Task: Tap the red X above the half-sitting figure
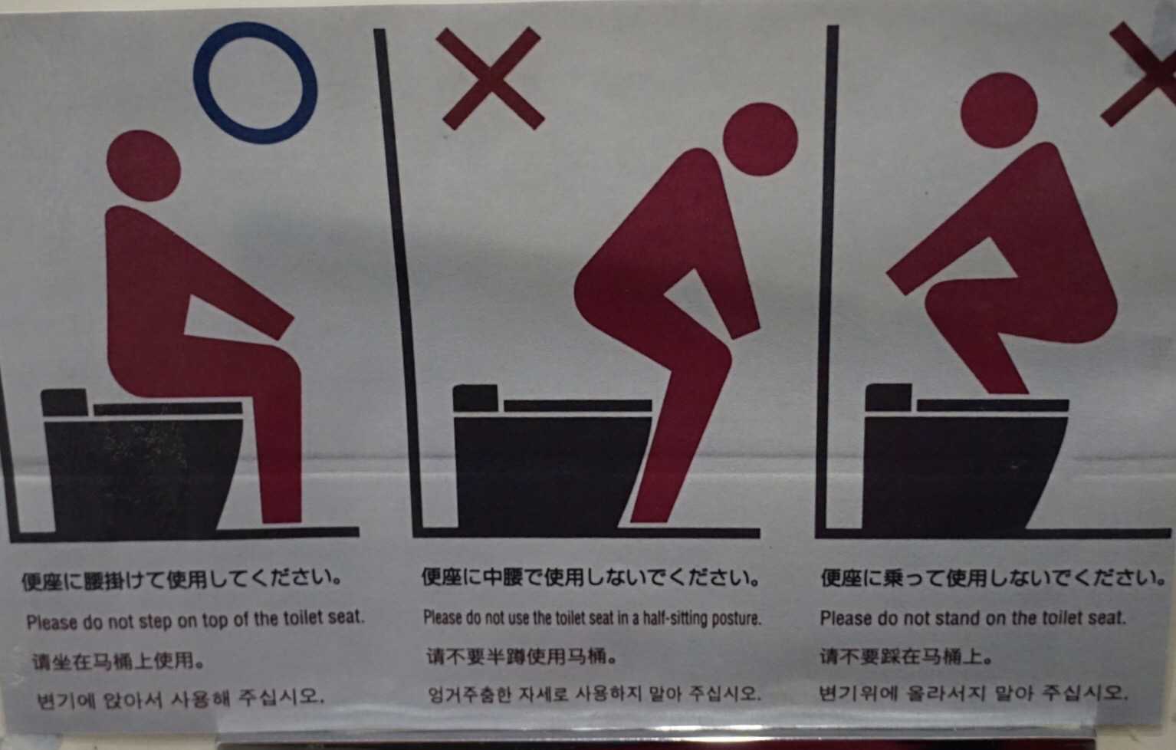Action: [x=491, y=79]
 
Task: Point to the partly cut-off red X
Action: [x=1139, y=74]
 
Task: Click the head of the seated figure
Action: [x=143, y=166]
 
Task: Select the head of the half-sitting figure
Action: [x=760, y=140]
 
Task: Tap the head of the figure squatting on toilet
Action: [x=999, y=111]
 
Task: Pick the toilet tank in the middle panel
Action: [x=475, y=398]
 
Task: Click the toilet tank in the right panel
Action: [x=889, y=397]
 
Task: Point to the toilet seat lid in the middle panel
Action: [x=578, y=406]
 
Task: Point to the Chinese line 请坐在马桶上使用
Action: [x=117, y=661]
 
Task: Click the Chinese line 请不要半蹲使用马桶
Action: [x=521, y=656]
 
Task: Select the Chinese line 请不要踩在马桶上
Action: [x=906, y=656]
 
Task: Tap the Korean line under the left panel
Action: [x=179, y=698]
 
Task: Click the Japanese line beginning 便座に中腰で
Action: [x=591, y=577]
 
